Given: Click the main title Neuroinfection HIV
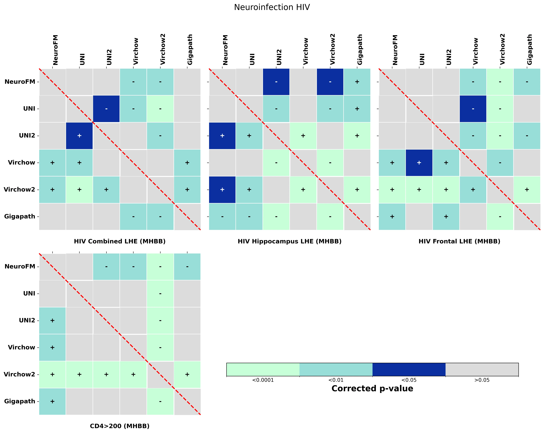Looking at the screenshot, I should [x=272, y=7].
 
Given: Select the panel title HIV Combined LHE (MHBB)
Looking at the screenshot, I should [x=120, y=241].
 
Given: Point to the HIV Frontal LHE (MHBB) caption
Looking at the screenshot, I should [x=459, y=241].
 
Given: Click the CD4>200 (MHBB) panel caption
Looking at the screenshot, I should [x=120, y=426].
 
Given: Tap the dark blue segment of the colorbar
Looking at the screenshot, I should [x=409, y=369].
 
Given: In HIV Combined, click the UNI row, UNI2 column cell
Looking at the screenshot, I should [x=106, y=109].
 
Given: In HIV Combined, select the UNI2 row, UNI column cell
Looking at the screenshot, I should [x=79, y=136].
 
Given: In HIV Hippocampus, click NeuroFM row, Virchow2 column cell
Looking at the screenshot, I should [x=330, y=82].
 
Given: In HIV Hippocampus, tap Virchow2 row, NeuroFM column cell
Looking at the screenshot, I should [x=222, y=189].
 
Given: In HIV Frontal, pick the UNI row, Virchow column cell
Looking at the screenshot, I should [x=473, y=109].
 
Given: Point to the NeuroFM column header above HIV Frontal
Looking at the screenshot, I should [x=395, y=50].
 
